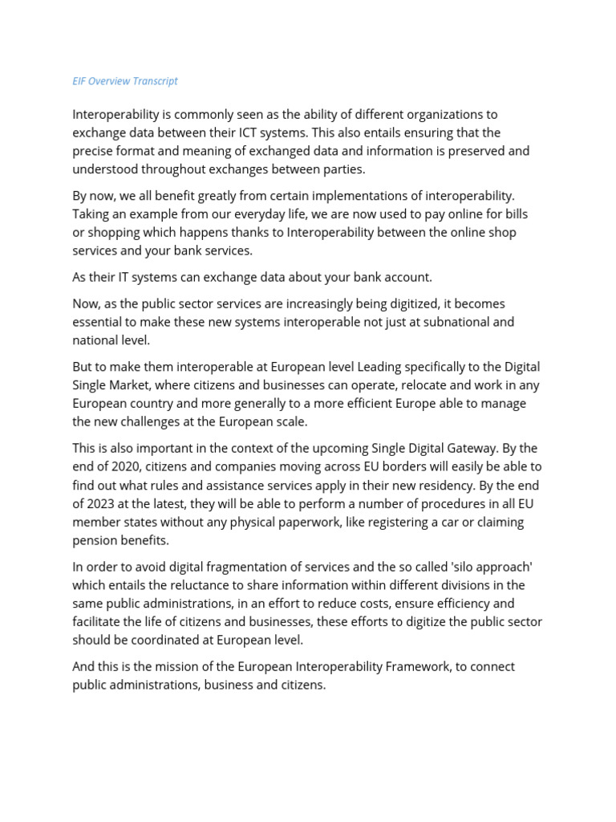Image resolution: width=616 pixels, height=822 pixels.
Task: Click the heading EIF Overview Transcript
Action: click(x=125, y=81)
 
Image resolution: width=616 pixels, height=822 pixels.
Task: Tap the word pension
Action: click(x=95, y=540)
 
